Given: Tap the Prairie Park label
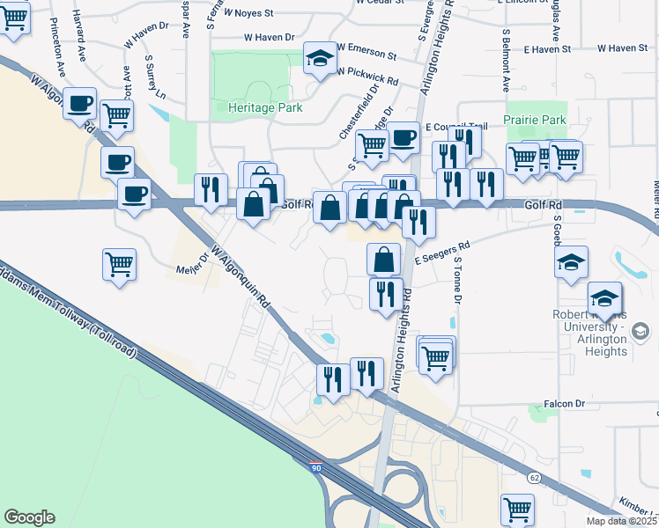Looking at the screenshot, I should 535,120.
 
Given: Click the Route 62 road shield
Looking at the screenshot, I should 535,476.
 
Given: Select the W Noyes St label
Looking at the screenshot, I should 251,13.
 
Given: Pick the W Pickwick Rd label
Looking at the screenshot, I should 367,77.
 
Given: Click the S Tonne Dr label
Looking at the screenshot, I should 458,283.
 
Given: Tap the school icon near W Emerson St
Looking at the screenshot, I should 320,59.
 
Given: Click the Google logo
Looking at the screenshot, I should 29,517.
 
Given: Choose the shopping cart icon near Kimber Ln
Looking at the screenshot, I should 517,509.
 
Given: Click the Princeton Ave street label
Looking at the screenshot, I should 61,61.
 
